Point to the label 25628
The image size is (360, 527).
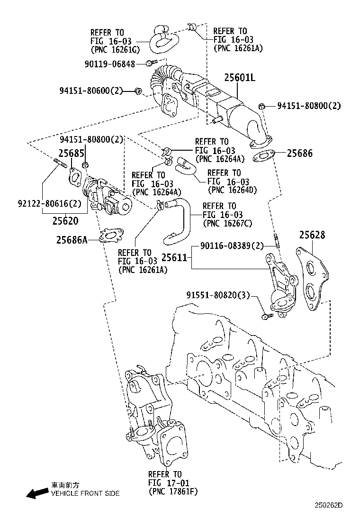(x=312, y=236)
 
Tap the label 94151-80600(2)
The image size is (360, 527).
(x=91, y=91)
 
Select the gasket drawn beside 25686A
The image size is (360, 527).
(x=112, y=235)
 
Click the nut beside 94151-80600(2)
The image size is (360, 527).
(x=138, y=91)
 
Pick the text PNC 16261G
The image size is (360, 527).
(x=115, y=49)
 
